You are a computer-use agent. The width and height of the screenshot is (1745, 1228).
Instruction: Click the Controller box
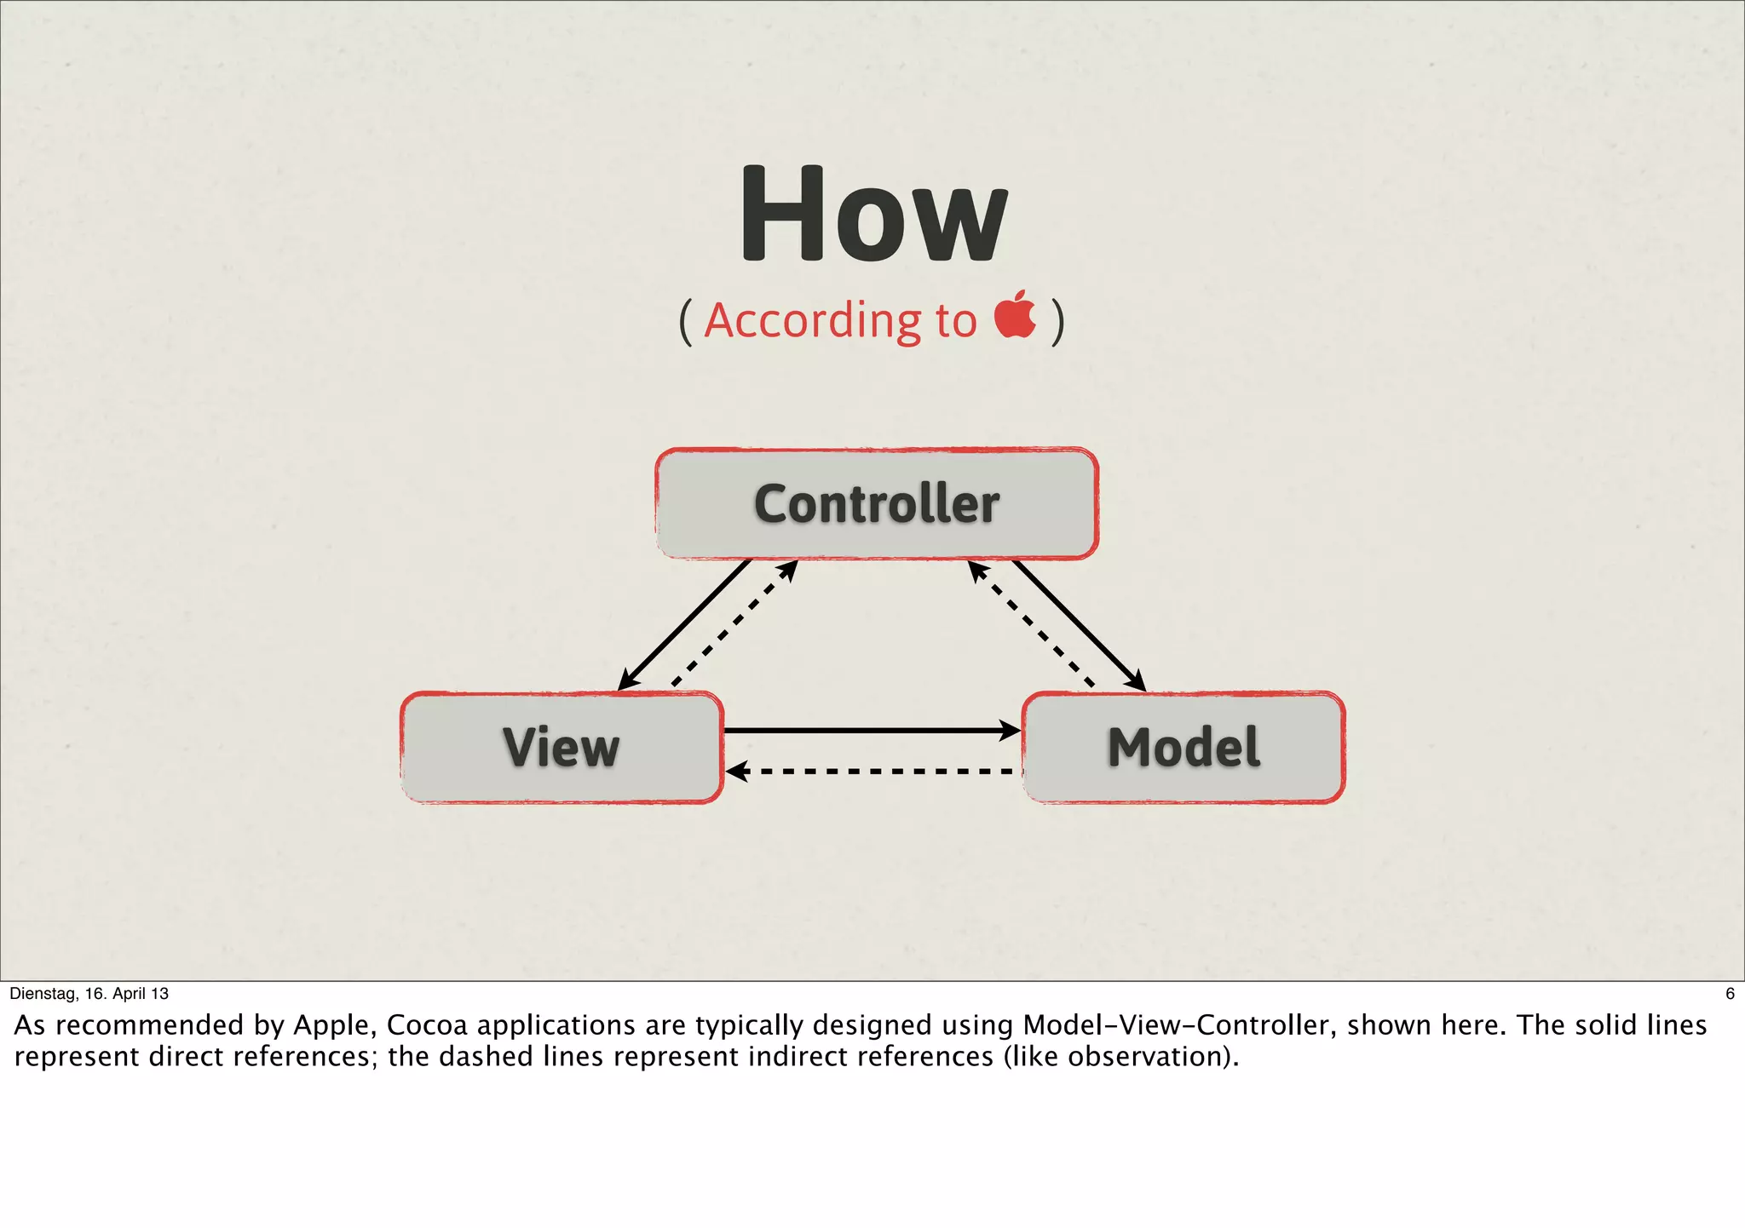click(876, 503)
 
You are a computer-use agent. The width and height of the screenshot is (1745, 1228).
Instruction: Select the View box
click(562, 747)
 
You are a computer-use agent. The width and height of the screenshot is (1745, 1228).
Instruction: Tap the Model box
click(1183, 747)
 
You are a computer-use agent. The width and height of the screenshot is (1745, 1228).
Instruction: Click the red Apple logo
click(1015, 315)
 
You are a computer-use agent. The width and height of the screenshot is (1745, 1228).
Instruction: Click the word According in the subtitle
click(812, 321)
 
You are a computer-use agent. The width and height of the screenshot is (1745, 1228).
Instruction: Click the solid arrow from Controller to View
click(684, 624)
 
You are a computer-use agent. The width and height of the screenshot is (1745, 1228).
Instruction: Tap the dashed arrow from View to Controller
click(734, 623)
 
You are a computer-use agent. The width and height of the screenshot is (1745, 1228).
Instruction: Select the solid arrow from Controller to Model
click(1079, 625)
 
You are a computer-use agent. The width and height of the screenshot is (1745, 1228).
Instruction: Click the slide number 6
click(1730, 993)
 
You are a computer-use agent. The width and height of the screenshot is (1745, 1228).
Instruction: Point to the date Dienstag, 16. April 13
click(89, 993)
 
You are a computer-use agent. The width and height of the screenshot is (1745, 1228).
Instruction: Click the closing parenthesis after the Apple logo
click(1057, 321)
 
